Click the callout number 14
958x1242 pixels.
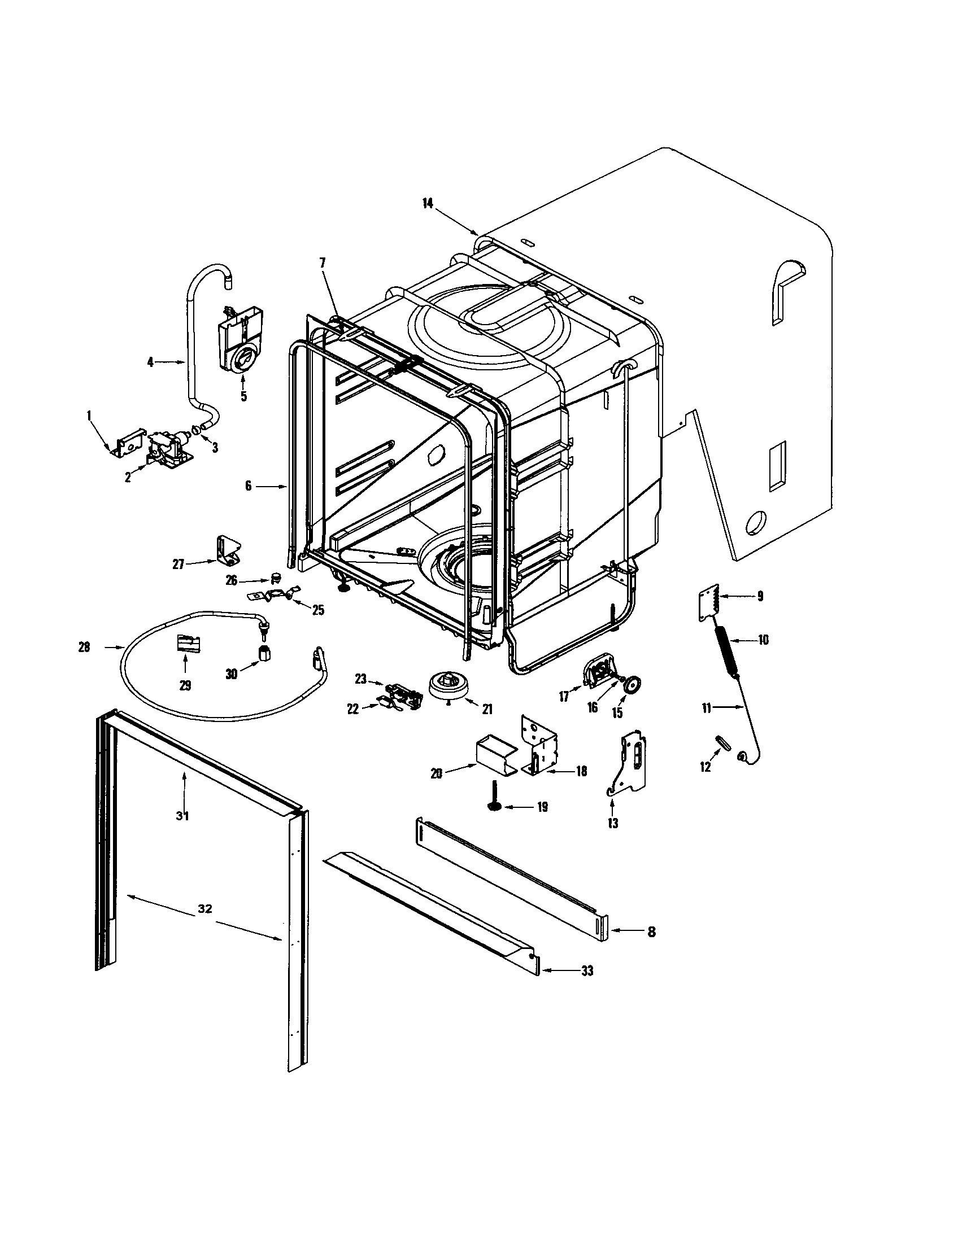pyautogui.click(x=428, y=204)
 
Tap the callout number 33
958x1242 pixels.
pyautogui.click(x=587, y=971)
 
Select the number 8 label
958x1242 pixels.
pyautogui.click(x=651, y=931)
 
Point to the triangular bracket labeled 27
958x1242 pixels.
pyautogui.click(x=229, y=550)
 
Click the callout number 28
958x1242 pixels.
pyautogui.click(x=84, y=647)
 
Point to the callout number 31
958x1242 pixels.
pyautogui.click(x=182, y=816)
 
